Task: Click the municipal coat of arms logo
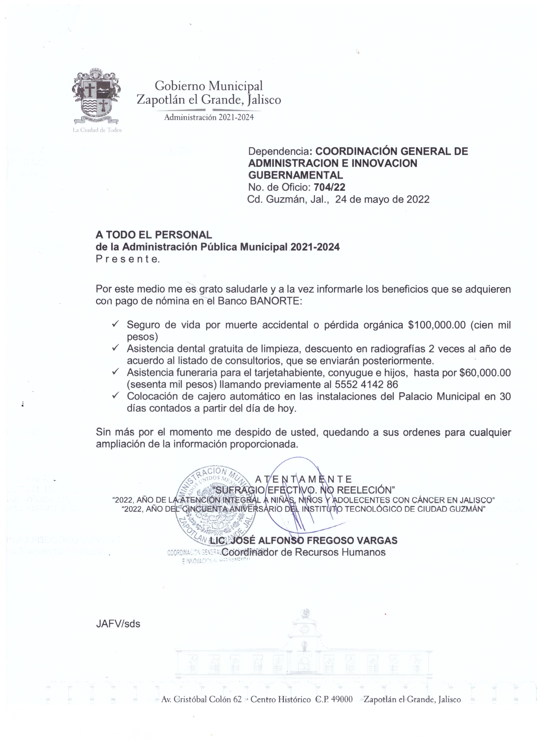[96, 96]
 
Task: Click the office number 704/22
[329, 187]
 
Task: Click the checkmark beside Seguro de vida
[115, 324]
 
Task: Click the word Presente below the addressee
[127, 259]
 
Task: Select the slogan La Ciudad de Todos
[97, 130]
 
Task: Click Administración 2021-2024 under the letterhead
[209, 117]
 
